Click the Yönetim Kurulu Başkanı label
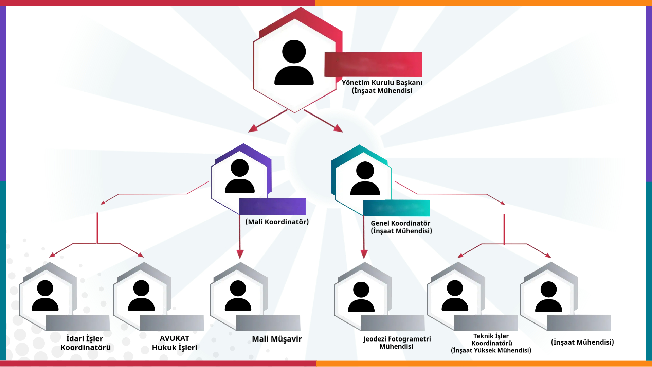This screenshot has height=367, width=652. coord(382,83)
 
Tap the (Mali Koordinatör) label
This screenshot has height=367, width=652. coord(277,222)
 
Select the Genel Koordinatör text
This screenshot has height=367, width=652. coord(400,223)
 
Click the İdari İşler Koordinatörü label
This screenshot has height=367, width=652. coord(85,343)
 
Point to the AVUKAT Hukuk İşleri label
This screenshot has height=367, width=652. coord(174,343)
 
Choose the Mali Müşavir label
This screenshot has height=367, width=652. coord(276,339)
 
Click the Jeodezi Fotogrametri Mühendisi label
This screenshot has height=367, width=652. coord(397,343)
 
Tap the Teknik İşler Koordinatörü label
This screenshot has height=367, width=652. coord(491,340)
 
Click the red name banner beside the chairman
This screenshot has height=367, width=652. coord(373,64)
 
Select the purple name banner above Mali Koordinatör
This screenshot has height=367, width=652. coord(272,207)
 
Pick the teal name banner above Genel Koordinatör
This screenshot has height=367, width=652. coord(396,208)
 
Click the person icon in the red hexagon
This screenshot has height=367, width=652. coord(294,63)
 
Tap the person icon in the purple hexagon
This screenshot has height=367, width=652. coord(240,176)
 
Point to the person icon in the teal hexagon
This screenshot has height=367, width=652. coord(365,178)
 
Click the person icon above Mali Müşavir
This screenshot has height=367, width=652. coord(238,296)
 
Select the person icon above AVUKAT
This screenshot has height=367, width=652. coord(141,296)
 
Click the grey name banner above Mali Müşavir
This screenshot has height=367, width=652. coord(268,323)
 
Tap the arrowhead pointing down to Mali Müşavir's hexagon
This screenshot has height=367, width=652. coord(240,254)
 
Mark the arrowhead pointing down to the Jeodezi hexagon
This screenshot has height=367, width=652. coord(364,254)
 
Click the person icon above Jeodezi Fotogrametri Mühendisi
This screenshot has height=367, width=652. coord(361,297)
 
